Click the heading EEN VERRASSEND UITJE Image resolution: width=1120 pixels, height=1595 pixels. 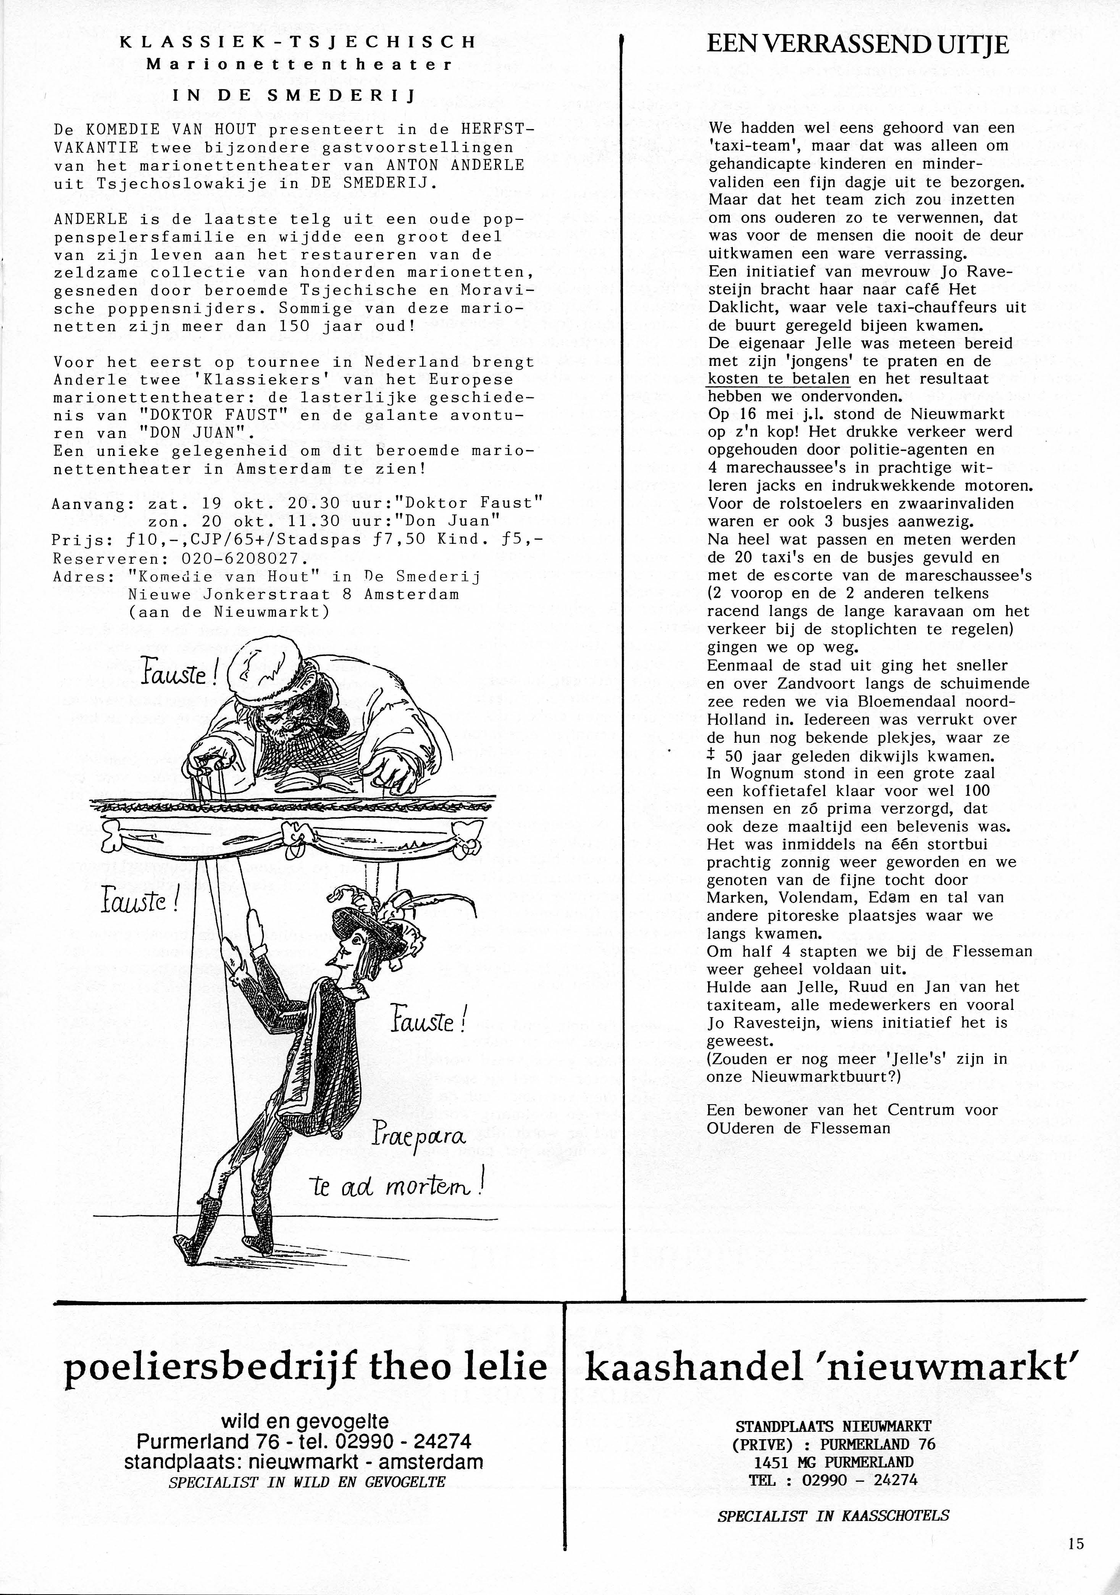857,46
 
